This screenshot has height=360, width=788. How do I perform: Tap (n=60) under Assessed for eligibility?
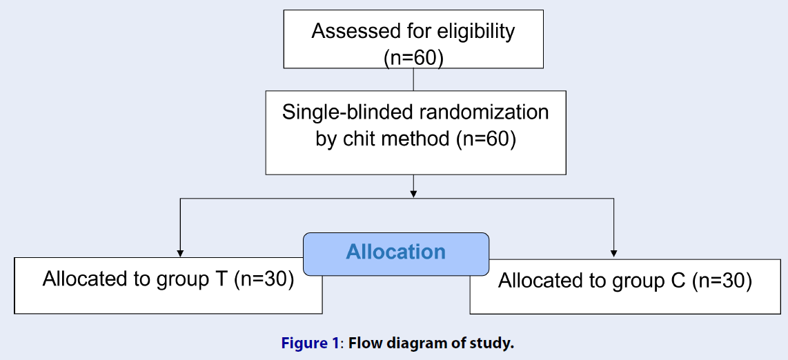coord(413,58)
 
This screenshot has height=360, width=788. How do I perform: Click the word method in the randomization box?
coord(415,138)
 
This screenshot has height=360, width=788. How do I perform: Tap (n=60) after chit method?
coord(486,139)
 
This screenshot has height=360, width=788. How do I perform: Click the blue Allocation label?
coord(395,252)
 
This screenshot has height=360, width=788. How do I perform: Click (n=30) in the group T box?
coord(264,279)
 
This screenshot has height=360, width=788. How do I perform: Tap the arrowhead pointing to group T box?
coord(180,254)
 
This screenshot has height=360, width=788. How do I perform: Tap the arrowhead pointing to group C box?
coord(613,254)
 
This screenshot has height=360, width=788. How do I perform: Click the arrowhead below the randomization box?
coord(413,194)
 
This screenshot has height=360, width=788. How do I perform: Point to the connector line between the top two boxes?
coord(413,79)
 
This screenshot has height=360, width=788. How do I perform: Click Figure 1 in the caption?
coord(310,344)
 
